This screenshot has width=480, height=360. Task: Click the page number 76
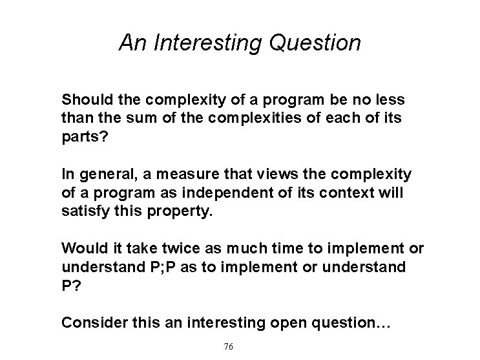[x=228, y=346]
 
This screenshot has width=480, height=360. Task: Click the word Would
[x=80, y=249]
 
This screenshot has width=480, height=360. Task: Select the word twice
[x=150, y=249]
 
